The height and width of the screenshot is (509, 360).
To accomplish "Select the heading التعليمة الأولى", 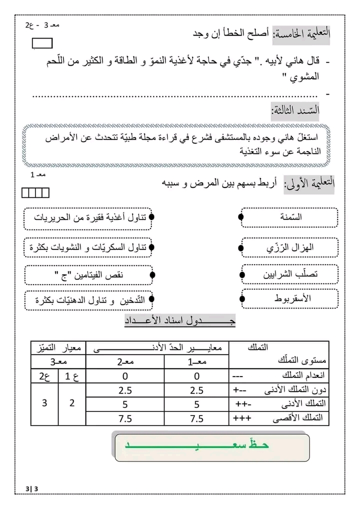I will coord(308,184).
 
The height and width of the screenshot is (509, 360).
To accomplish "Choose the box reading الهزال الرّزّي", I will coord(289,247).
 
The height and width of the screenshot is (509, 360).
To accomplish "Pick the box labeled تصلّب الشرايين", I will coord(289,274).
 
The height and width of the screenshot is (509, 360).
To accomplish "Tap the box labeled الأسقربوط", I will coord(289,298).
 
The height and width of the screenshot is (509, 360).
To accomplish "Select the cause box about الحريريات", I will coord(88,218).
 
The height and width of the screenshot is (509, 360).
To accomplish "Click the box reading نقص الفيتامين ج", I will coord(88,274).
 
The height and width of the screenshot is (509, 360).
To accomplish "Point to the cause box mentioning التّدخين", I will coord(88,300).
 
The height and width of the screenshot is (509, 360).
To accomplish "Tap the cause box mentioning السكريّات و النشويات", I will coord(88,247).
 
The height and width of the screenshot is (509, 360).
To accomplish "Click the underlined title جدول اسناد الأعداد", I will coord(180,321).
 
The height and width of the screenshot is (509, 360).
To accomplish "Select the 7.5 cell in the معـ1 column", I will coord(196,418).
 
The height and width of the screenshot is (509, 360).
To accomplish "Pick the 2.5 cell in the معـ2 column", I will coord(125,389).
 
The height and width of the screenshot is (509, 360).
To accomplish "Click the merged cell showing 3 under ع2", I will coord(44,403).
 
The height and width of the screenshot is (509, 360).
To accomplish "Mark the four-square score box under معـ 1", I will coord(36,192).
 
